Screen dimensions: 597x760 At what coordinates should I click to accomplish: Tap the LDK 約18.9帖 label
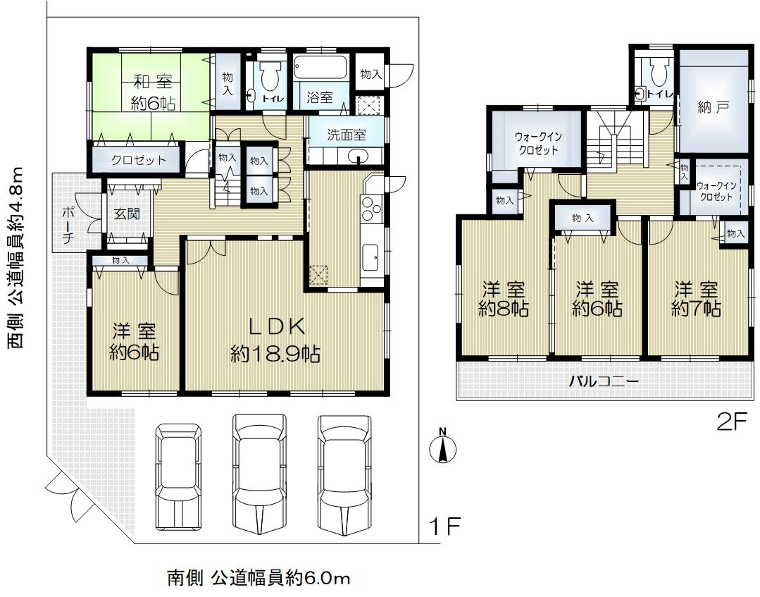point(275,340)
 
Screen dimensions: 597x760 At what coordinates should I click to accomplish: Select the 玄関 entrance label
point(127,214)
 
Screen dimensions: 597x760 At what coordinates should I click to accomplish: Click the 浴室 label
point(320,98)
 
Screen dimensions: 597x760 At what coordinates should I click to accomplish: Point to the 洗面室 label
point(345,135)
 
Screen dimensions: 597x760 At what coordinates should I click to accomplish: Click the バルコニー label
point(603,381)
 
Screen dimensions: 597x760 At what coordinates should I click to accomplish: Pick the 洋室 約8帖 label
point(504,299)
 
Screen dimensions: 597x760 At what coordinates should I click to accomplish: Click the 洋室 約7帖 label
point(696,299)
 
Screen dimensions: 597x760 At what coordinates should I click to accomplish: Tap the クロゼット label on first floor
point(139,160)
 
